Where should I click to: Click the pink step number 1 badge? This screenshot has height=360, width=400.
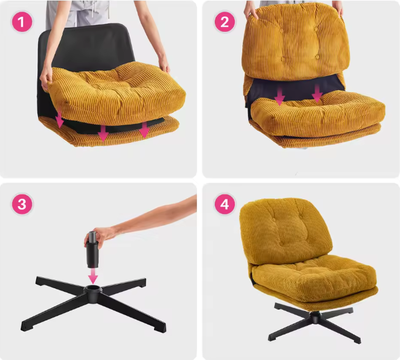pyautogui.click(x=22, y=21)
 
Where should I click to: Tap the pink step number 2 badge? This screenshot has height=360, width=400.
pyautogui.click(x=225, y=22)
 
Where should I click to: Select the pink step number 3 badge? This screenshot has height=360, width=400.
pyautogui.click(x=22, y=204)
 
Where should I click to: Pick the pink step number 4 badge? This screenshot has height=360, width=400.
pyautogui.click(x=225, y=204)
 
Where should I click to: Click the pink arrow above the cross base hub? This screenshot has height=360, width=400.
pyautogui.click(x=93, y=275)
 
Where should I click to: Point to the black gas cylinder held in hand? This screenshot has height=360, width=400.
pyautogui.click(x=93, y=250)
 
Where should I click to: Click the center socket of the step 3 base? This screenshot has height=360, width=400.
pyautogui.click(x=93, y=289)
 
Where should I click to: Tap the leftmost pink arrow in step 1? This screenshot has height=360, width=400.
pyautogui.click(x=60, y=119)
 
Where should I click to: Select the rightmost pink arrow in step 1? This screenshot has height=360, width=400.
pyautogui.click(x=144, y=129)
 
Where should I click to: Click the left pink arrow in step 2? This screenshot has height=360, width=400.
pyautogui.click(x=280, y=96)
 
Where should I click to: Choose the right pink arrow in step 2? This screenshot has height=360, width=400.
pyautogui.click(x=317, y=94)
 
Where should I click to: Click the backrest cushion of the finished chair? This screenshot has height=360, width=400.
pyautogui.click(x=286, y=231)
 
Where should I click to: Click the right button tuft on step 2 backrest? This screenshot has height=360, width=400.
pyautogui.click(x=317, y=57)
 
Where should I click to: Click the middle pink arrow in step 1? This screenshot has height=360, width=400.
pyautogui.click(x=103, y=132)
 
